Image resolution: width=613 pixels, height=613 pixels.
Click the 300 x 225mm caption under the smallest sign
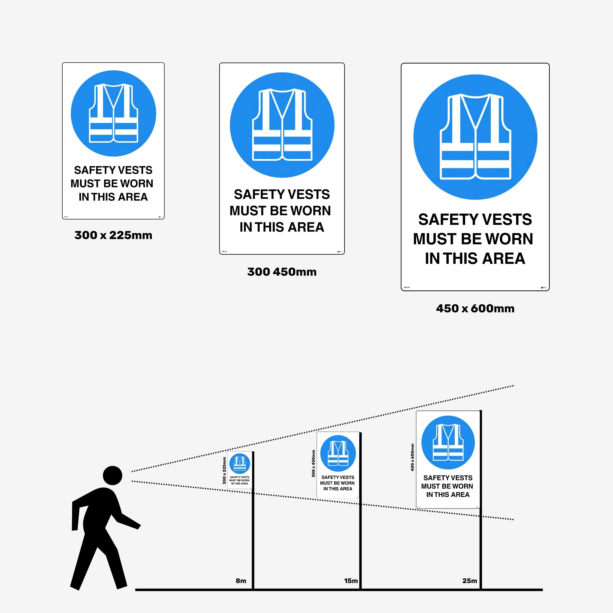[x=113, y=236]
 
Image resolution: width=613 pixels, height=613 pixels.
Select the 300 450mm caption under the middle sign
[x=282, y=272]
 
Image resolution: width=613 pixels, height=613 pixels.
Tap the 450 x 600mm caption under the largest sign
[x=475, y=308]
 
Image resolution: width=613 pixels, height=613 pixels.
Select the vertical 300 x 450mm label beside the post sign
[x=314, y=463]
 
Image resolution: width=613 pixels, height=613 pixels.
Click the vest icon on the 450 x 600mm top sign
[x=475, y=137]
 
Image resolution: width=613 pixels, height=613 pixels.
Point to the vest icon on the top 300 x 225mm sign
[x=113, y=113]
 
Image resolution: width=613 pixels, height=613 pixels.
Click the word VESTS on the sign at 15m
[x=346, y=477]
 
